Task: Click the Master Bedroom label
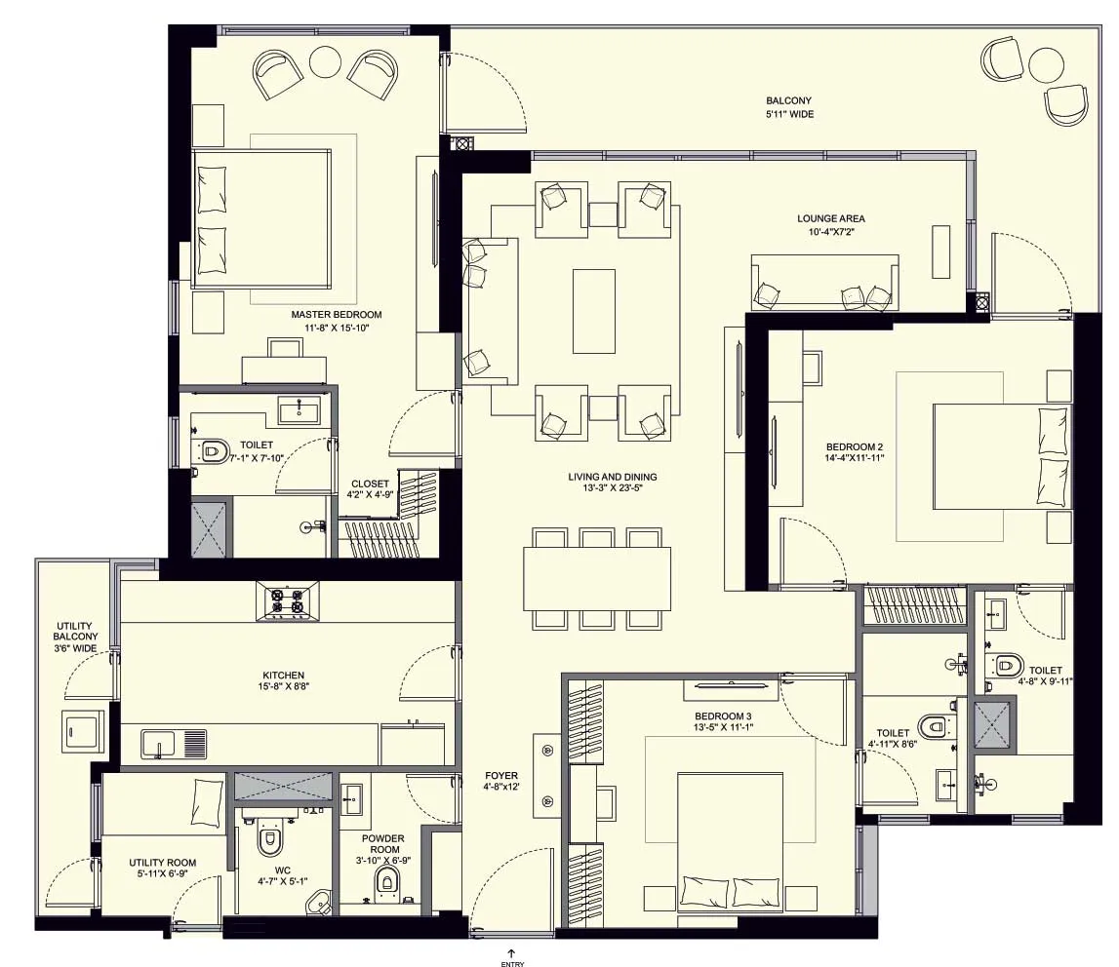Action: tap(337, 321)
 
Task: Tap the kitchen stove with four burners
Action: tap(288, 600)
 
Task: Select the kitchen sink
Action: tap(174, 744)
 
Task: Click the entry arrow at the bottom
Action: tap(511, 953)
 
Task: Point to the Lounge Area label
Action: tap(830, 224)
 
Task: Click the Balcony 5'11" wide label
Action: tap(789, 107)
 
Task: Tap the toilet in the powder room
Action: tap(385, 881)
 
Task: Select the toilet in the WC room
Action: tap(270, 839)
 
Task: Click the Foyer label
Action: tap(501, 781)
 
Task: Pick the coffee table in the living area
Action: tap(594, 311)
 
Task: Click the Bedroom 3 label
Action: tap(723, 721)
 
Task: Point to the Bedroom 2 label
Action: tap(855, 452)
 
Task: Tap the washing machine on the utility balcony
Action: tap(81, 730)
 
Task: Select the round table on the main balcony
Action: tap(1046, 64)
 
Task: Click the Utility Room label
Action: tap(163, 868)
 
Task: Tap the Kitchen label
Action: tap(283, 680)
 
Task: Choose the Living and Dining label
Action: tap(613, 483)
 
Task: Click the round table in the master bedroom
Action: tap(325, 62)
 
